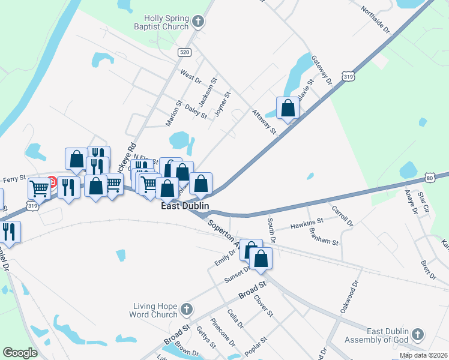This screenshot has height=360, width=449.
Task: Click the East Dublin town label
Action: pyautogui.click(x=185, y=206)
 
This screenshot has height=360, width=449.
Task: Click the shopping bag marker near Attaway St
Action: pyautogui.click(x=288, y=109)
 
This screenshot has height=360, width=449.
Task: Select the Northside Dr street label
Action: pyautogui.click(x=376, y=19)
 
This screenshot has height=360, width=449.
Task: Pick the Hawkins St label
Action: pyautogui.click(x=307, y=224)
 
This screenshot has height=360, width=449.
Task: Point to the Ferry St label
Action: pyautogui.click(x=14, y=178)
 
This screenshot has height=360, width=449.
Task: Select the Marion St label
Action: pyautogui.click(x=173, y=113)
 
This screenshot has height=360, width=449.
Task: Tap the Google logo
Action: pyautogui.click(x=20, y=352)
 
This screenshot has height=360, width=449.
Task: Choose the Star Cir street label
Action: pyautogui.click(x=425, y=203)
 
